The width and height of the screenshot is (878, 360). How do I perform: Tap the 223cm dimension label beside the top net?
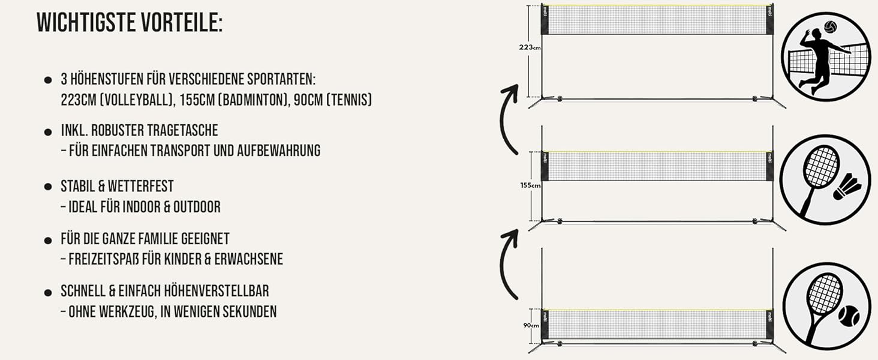[530, 47]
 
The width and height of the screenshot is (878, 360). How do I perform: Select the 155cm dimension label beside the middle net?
[530, 185]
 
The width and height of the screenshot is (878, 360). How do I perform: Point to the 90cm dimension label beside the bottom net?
[531, 325]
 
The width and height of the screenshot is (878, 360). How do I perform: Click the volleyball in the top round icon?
[830, 27]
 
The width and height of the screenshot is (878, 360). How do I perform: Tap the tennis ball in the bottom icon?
[849, 316]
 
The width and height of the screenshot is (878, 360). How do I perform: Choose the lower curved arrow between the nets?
[505, 263]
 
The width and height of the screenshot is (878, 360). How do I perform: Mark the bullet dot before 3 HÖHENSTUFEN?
[48, 80]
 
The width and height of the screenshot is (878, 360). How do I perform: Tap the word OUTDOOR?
[197, 206]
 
